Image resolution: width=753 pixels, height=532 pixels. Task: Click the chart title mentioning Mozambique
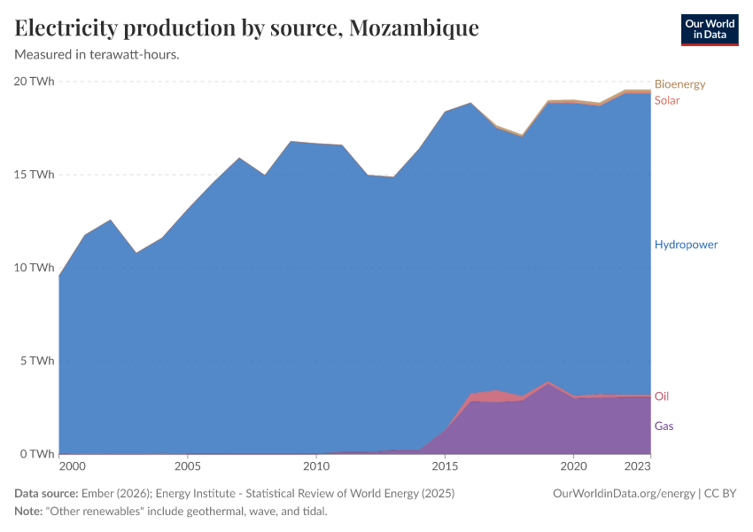pyautogui.click(x=246, y=28)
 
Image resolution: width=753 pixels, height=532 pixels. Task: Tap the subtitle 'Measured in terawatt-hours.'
pyautogui.click(x=97, y=54)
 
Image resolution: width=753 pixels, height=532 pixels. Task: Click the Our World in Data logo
pyautogui.click(x=709, y=29)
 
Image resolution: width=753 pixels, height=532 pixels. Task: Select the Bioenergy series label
pyautogui.click(x=679, y=84)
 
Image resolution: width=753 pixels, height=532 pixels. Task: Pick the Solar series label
pyautogui.click(x=667, y=100)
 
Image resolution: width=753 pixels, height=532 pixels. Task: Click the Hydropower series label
pyautogui.click(x=686, y=245)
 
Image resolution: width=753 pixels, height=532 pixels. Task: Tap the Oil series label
pyautogui.click(x=662, y=396)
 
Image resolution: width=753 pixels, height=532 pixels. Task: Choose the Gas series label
pyautogui.click(x=664, y=426)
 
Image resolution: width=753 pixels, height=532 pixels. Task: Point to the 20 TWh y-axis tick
pyautogui.click(x=35, y=82)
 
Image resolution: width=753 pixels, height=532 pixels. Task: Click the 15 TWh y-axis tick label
pyautogui.click(x=35, y=175)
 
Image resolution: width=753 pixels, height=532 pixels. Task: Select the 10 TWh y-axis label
pyautogui.click(x=35, y=268)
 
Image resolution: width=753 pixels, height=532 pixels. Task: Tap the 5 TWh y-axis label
pyautogui.click(x=38, y=361)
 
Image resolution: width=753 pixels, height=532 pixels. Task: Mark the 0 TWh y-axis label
pyautogui.click(x=38, y=454)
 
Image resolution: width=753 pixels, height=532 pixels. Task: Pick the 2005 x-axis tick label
pyautogui.click(x=187, y=466)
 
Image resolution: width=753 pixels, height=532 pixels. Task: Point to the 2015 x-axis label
pyautogui.click(x=445, y=466)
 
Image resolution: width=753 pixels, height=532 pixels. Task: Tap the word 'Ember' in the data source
pyautogui.click(x=97, y=493)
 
